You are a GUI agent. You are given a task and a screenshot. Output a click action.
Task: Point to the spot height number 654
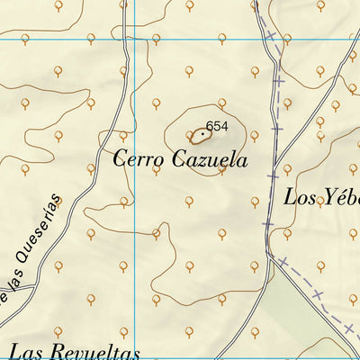pyautogui.click(x=217, y=127)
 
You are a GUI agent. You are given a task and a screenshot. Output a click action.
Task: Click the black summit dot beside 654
pyautogui.click(x=203, y=134)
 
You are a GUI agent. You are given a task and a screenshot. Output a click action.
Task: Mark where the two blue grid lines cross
pyautogui.click(x=135, y=39)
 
